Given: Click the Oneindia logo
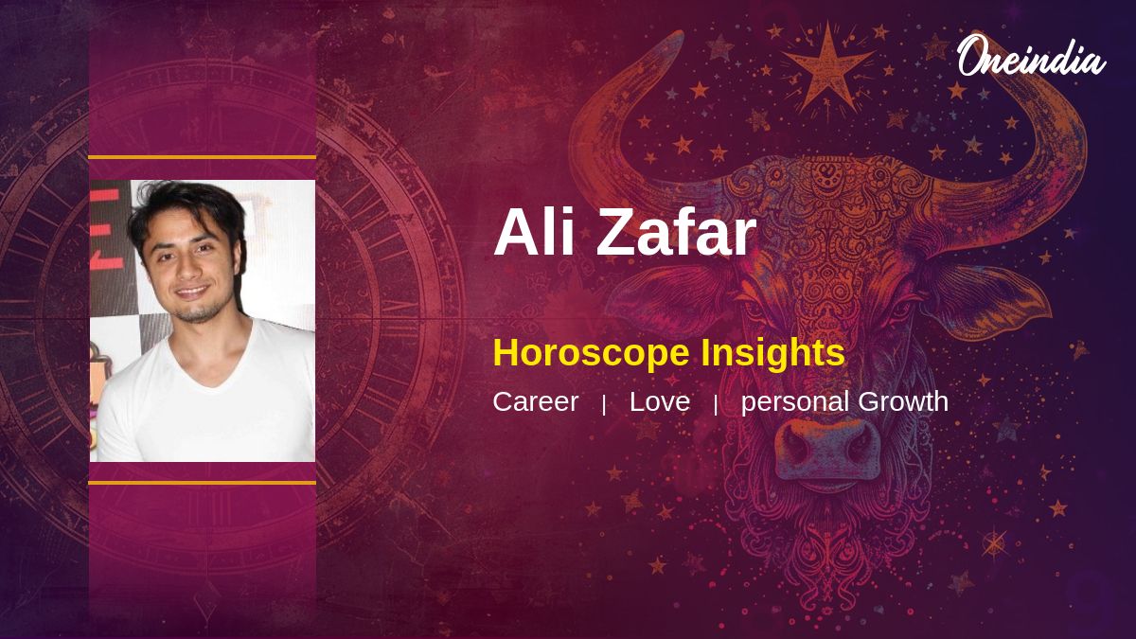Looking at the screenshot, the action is coord(1032,56).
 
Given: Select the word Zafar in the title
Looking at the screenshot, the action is coord(677,232).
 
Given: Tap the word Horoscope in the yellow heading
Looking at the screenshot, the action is coord(591,353).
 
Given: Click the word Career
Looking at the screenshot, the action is coord(536,401).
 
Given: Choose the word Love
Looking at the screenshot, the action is coord(660,401).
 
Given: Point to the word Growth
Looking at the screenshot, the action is coord(903,401).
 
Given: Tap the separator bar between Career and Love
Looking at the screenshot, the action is coord(604,405).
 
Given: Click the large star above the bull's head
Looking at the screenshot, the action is coord(828,67).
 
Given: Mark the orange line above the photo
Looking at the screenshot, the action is coord(203,158).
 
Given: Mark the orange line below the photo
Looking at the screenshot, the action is coord(203,483).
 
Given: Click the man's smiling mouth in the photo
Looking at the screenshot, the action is coord(193,293).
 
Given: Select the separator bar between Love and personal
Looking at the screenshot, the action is coord(716,405).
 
